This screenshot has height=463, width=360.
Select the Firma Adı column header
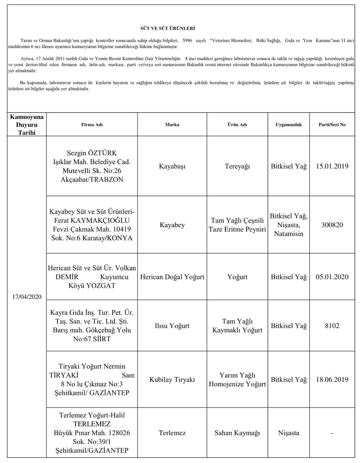point(92,125)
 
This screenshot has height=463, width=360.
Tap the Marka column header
point(172,125)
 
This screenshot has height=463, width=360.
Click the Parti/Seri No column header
point(332,125)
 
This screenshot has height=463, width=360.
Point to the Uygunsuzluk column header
point(289,125)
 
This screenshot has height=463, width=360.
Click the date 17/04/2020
point(27,297)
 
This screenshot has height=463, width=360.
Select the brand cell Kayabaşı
point(172,166)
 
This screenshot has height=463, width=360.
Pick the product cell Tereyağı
point(237,166)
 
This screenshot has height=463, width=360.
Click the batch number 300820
point(332,225)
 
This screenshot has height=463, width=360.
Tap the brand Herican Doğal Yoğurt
point(172,277)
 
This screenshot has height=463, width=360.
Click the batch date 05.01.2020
point(332,277)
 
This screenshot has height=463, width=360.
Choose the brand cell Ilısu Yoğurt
point(172,326)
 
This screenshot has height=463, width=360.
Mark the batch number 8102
point(332,326)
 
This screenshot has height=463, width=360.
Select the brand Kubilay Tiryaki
point(172,379)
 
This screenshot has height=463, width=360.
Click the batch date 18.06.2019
point(332,379)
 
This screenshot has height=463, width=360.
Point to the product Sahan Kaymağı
point(237,433)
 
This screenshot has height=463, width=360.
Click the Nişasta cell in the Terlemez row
point(289,433)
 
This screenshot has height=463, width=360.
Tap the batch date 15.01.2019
point(332,166)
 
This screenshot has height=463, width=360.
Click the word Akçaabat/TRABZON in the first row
point(92,179)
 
